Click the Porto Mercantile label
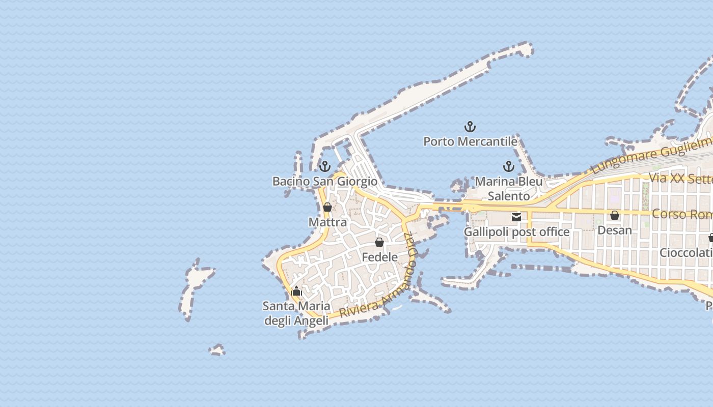click(x=470, y=141)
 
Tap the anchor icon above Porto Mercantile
click(x=470, y=126)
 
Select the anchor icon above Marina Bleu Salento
click(x=508, y=166)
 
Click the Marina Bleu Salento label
click(x=509, y=189)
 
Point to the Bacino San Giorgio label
click(x=325, y=181)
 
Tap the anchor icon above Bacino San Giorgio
click(x=324, y=166)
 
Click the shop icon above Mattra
click(x=327, y=207)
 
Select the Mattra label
click(x=327, y=222)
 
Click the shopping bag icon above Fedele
click(x=379, y=242)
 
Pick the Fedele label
click(x=379, y=257)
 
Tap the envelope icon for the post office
click(x=516, y=217)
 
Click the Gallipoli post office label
click(x=516, y=232)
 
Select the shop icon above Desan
click(x=615, y=215)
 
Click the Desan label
click(x=615, y=230)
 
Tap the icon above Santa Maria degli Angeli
click(x=296, y=292)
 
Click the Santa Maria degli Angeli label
click(x=296, y=313)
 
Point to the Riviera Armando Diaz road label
click(x=379, y=295)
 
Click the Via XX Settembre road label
click(x=680, y=179)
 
